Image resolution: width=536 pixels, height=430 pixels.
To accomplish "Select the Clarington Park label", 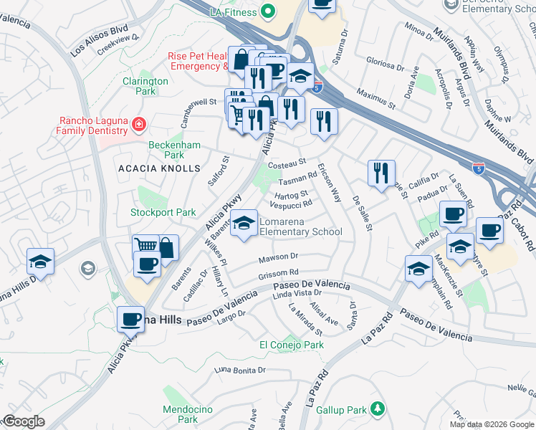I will tap(145, 86).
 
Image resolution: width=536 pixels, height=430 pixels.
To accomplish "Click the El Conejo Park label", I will tap(291, 345).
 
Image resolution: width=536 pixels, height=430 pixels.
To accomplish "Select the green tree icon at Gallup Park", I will tap(377, 409).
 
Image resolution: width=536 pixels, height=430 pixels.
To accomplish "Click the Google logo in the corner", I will tap(23, 421).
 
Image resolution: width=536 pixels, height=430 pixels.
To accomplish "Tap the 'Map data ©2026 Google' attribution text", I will tap(491, 424).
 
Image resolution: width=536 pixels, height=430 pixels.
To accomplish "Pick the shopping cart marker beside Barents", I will tap(146, 247).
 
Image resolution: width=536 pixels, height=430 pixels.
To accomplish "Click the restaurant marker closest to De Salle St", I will tap(381, 172).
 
